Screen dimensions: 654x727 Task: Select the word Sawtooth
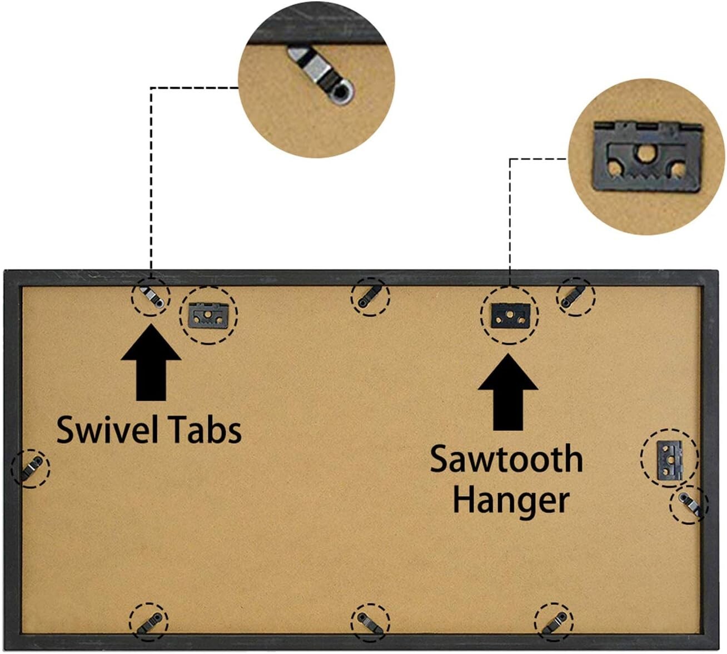(506, 460)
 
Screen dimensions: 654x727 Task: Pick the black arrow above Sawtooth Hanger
(507, 392)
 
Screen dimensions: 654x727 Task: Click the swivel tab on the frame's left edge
(30, 467)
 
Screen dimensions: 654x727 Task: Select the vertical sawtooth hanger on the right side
(670, 459)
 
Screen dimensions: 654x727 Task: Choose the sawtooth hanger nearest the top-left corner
(208, 315)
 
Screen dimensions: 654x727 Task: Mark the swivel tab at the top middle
(370, 296)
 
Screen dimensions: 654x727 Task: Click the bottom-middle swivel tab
(370, 622)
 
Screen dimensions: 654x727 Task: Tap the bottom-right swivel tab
(554, 621)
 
